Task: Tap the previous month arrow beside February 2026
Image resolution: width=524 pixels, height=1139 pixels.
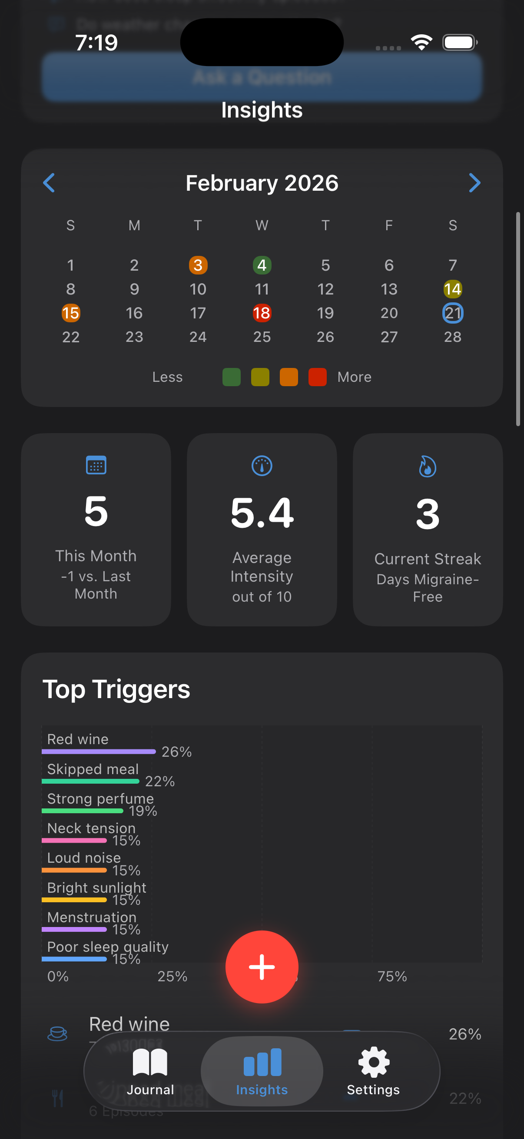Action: (49, 182)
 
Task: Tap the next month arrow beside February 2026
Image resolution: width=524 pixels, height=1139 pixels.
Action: (474, 182)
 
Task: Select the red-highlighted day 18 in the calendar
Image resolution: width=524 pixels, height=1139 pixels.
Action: (262, 313)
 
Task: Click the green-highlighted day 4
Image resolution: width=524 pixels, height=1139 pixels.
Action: (262, 265)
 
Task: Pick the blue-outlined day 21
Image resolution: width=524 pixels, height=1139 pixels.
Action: (452, 313)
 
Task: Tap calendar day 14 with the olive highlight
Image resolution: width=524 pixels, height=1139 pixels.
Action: (452, 289)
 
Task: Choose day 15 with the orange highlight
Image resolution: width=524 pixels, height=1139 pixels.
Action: (71, 313)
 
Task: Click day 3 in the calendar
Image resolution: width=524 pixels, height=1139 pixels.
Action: (198, 265)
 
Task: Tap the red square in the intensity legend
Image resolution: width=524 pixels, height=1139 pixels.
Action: (317, 377)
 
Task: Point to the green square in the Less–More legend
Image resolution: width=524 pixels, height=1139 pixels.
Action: (231, 377)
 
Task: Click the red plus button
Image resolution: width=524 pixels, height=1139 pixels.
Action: (262, 967)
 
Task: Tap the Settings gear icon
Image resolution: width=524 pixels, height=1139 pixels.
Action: (374, 1062)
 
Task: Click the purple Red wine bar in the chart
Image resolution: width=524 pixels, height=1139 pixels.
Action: (99, 752)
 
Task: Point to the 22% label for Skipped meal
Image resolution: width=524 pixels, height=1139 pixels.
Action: (160, 781)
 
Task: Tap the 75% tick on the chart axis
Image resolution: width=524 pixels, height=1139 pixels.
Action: (392, 976)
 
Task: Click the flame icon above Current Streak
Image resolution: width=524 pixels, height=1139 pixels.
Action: (428, 467)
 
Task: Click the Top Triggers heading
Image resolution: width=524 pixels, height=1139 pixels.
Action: (116, 689)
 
